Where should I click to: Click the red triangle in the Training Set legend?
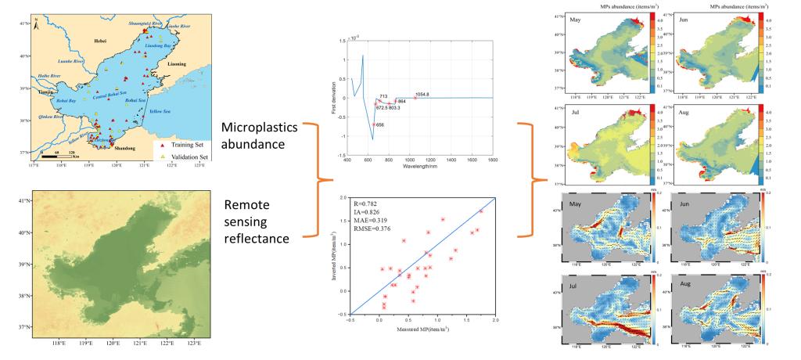pyautogui.click(x=162, y=146)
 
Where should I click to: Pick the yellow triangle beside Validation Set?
pyautogui.click(x=162, y=157)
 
